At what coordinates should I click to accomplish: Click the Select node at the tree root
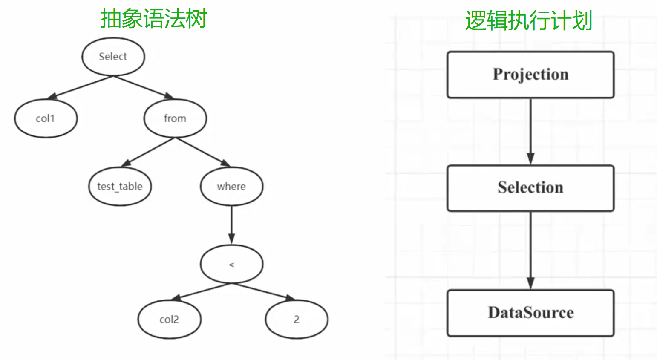(113, 57)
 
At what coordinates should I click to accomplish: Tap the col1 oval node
(46, 118)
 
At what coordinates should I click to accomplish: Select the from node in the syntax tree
(175, 118)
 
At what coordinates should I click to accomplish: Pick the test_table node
(120, 187)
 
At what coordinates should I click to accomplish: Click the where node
(231, 187)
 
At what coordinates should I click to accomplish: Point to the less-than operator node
(231, 264)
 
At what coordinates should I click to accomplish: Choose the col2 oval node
(169, 320)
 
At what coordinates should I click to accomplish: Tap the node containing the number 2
(297, 320)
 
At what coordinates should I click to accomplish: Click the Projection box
(530, 75)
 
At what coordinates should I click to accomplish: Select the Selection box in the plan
(530, 188)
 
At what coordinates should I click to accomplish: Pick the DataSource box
(530, 313)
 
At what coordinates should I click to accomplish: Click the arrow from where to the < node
(231, 225)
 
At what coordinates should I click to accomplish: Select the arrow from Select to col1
(80, 88)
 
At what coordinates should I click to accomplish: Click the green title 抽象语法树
(153, 19)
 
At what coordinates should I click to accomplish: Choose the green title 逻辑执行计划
(528, 20)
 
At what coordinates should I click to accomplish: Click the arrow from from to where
(203, 152)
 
